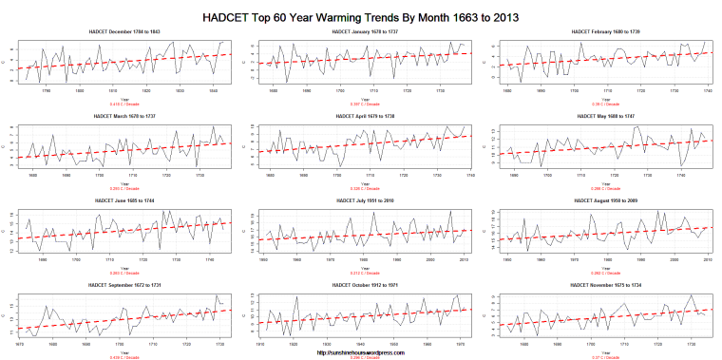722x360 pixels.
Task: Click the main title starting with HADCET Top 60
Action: (361, 16)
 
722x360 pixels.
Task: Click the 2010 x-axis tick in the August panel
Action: (708, 260)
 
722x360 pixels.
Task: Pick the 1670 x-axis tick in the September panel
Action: (19, 345)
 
